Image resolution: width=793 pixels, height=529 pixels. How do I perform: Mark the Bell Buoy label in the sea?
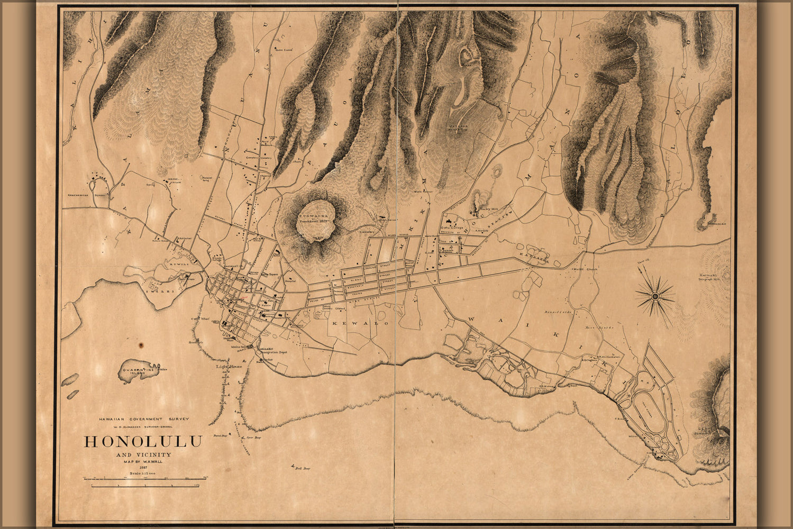coord(302,468)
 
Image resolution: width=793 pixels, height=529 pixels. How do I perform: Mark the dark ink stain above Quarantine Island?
coord(141,345)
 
